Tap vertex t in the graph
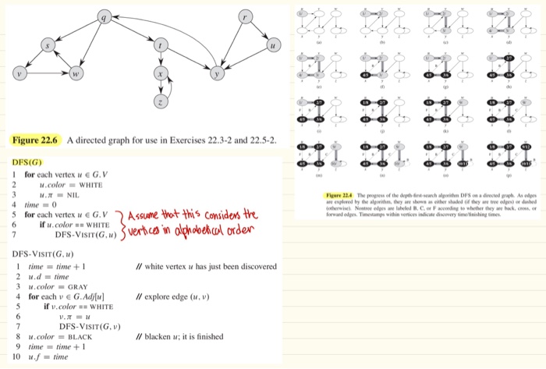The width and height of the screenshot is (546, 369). coord(161,47)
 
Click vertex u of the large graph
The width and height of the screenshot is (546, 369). coord(273,46)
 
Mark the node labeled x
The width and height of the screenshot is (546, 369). coord(161,75)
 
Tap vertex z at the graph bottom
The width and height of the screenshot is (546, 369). coord(161,103)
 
